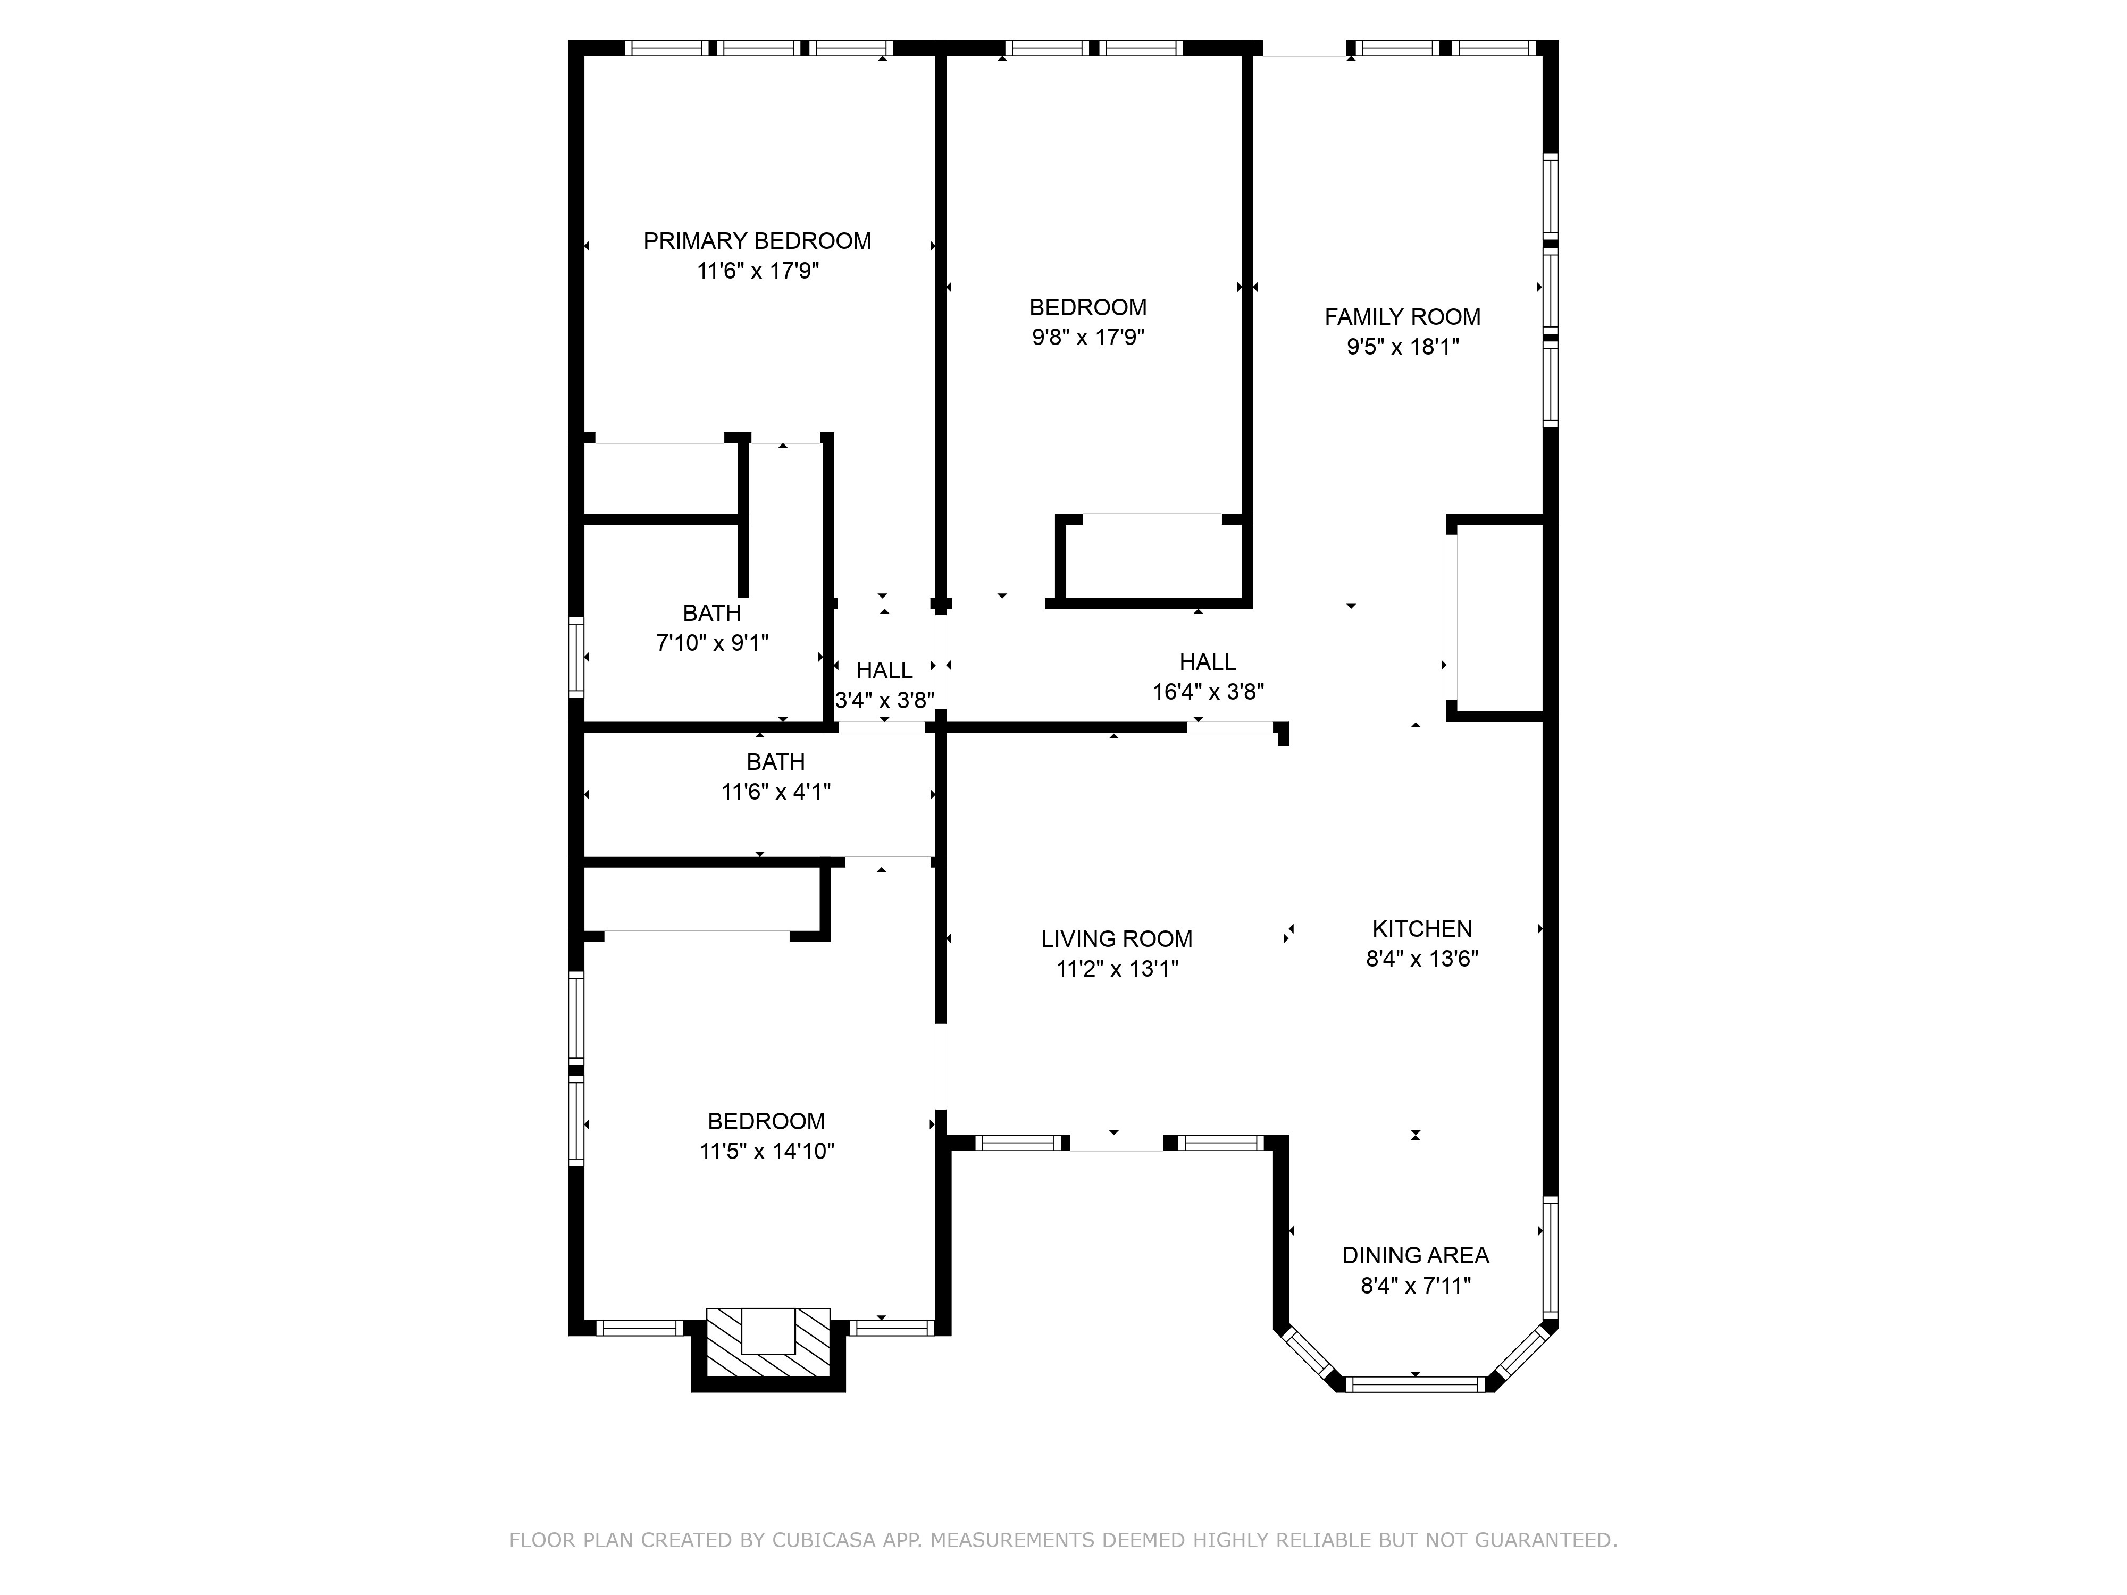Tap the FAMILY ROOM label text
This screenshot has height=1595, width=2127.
pos(1402,317)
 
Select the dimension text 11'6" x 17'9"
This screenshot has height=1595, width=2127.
pos(758,271)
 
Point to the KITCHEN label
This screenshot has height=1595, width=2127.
pos(1422,929)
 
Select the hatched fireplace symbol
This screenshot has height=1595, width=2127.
pos(768,1343)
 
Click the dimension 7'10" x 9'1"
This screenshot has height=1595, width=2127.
pos(713,642)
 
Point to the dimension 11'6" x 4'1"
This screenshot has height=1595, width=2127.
pos(776,791)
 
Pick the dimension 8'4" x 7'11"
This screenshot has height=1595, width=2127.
pos(1416,1286)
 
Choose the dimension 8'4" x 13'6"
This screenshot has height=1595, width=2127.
pos(1422,959)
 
